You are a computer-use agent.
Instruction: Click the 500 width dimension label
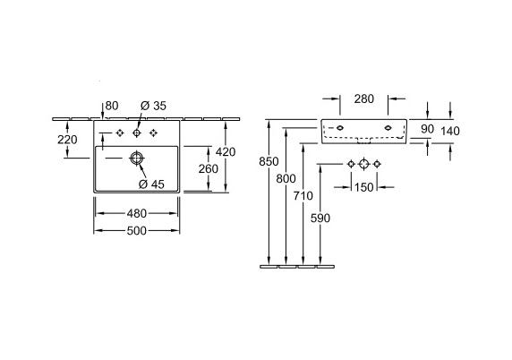point(136,231)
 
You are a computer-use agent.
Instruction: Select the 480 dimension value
point(136,214)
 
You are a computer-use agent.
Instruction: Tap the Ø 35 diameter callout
point(153,106)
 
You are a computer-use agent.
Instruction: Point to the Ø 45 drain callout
point(151,184)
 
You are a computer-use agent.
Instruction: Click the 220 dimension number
point(67,140)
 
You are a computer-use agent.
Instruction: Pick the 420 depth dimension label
point(226,152)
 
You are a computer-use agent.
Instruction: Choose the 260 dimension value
point(209,169)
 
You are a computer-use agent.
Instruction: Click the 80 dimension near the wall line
point(112,106)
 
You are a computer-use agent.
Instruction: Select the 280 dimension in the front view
point(364,99)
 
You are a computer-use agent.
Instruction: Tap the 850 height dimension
point(269,162)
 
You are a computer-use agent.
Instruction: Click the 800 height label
point(286,179)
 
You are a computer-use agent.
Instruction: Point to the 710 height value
point(303,196)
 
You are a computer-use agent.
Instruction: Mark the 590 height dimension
point(320,218)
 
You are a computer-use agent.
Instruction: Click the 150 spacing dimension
point(363,187)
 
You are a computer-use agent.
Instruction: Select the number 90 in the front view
point(427,129)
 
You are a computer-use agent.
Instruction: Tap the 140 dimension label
point(450,131)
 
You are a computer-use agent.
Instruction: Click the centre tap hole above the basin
point(137,133)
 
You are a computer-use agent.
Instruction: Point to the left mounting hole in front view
point(340,128)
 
